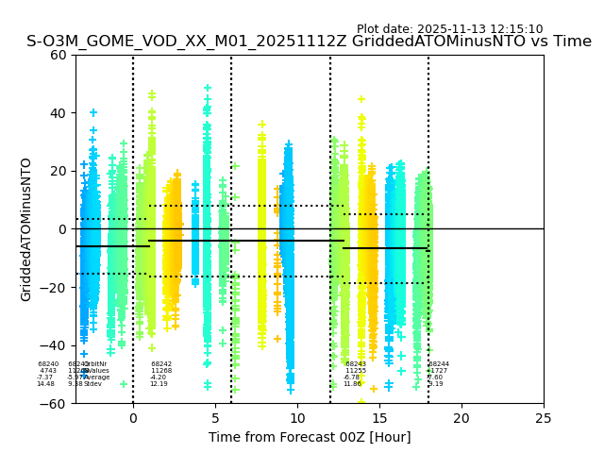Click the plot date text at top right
tap(449, 29)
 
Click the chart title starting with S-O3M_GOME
tap(309, 42)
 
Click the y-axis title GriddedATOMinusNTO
tap(26, 229)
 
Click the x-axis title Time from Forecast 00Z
tap(310, 437)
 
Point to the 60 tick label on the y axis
tap(59, 55)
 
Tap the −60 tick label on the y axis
tap(55, 404)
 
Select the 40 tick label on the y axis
tap(59, 113)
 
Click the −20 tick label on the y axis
tap(55, 288)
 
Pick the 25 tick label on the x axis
tap(544, 418)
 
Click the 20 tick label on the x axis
tap(461, 418)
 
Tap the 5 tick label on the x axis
tap(215, 418)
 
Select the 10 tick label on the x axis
tap(297, 418)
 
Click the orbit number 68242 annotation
tap(161, 364)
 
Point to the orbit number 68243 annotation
tap(356, 364)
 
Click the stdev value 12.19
tap(159, 384)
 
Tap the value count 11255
tap(356, 371)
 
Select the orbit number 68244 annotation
tap(439, 364)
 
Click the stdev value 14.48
tap(45, 384)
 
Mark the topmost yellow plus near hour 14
tap(361, 99)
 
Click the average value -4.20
tap(159, 377)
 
